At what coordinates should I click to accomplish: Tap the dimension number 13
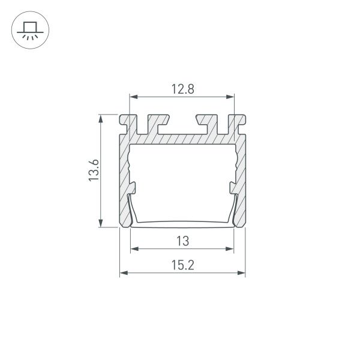click(182, 241)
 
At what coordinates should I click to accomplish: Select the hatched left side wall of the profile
click(125, 174)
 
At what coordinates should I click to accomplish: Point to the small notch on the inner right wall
click(232, 188)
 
